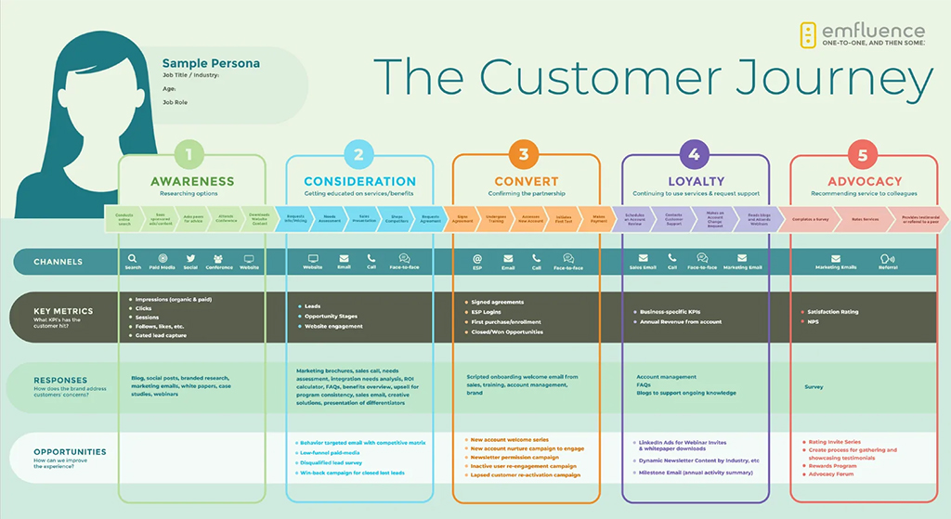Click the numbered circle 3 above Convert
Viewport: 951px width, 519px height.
click(x=524, y=154)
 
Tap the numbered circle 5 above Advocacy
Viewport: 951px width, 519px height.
click(x=863, y=154)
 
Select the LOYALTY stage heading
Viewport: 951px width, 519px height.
click(x=696, y=181)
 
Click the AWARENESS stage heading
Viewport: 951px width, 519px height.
click(x=192, y=181)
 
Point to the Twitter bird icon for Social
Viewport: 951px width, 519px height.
click(x=190, y=259)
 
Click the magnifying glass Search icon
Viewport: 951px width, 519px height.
click(x=134, y=259)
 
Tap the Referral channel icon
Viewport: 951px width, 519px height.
click(x=888, y=259)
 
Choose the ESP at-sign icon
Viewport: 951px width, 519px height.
click(x=477, y=259)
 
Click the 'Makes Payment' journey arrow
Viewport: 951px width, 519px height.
click(x=599, y=219)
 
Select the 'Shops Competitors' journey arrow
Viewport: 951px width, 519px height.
click(x=391, y=219)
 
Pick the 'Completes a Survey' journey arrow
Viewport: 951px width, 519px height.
click(x=810, y=219)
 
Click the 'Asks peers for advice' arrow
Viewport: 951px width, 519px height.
click(x=193, y=219)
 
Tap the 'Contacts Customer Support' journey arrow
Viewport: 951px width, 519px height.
click(x=673, y=219)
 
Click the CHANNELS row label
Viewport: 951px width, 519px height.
click(x=59, y=262)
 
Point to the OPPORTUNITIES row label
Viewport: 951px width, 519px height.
click(x=70, y=452)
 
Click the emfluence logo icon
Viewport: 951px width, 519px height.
click(x=808, y=34)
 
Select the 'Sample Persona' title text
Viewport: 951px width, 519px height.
click(x=211, y=63)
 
